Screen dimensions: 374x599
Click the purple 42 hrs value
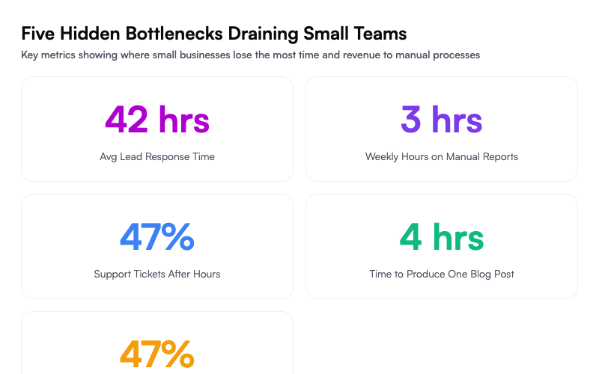(157, 120)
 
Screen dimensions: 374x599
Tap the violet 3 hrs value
(442, 120)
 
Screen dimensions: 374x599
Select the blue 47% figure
(157, 237)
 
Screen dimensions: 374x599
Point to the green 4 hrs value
(442, 237)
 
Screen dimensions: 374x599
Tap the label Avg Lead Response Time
(157, 157)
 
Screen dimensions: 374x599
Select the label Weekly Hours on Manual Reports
(442, 157)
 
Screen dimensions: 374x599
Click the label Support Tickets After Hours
(157, 275)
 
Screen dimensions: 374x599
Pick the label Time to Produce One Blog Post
(442, 275)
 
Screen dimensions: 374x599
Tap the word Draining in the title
(263, 34)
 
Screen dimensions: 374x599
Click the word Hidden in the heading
(86, 34)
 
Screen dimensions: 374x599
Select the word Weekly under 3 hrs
(383, 157)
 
